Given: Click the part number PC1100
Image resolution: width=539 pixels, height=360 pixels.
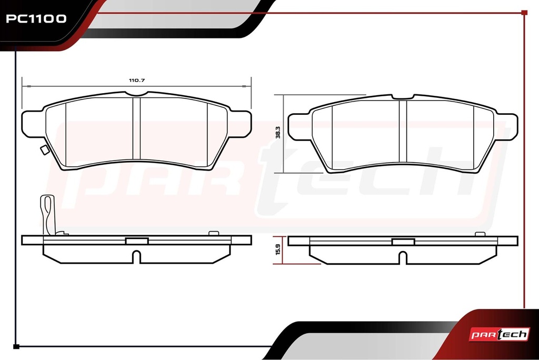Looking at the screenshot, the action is point(36,18).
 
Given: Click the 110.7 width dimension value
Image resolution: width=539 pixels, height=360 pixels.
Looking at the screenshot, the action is point(137,80).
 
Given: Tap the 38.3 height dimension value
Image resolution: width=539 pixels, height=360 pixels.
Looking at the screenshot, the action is point(278,133).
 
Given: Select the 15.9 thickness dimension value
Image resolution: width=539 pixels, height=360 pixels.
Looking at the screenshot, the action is point(278,249).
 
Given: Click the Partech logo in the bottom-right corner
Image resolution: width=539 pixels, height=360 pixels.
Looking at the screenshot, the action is point(499,334).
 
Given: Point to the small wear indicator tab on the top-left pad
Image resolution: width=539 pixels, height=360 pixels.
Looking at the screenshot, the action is point(45,149).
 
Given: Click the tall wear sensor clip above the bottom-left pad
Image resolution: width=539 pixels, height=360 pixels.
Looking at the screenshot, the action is point(48,215).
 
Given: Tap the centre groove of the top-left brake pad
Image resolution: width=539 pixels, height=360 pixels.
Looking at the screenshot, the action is point(137,128).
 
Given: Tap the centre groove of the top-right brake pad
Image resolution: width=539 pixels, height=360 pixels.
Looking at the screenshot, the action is point(403,131).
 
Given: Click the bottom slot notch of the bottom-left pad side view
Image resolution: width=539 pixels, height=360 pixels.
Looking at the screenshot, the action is point(137,257).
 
